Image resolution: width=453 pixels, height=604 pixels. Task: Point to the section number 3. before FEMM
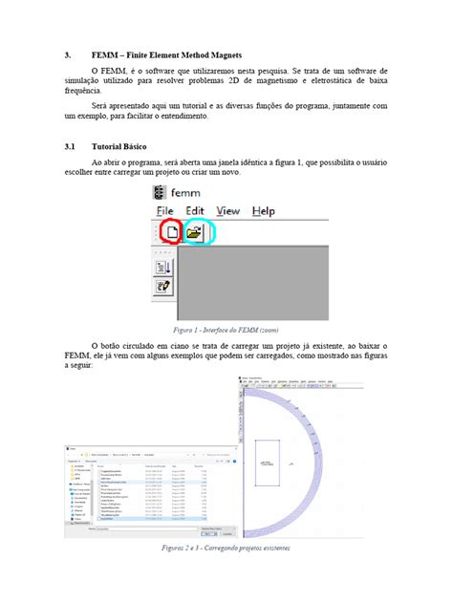68,54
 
